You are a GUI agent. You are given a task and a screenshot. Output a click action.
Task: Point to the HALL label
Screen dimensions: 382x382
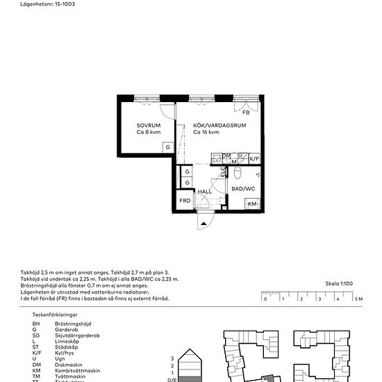click(205, 191)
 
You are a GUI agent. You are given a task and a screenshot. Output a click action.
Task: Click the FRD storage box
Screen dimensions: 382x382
click(185, 201)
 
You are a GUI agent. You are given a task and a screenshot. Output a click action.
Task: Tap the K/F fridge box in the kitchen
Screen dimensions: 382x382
click(254, 159)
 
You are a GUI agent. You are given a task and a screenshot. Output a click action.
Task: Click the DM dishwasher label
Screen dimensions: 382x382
click(227, 156)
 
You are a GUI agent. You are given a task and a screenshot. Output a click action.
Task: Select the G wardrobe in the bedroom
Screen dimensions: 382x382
click(168, 147)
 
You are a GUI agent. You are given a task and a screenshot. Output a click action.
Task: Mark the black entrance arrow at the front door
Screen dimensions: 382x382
click(203, 224)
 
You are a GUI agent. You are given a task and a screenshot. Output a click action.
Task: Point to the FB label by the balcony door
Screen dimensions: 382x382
click(246, 113)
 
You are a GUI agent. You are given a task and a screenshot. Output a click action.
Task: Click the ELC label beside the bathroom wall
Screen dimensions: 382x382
click(223, 171)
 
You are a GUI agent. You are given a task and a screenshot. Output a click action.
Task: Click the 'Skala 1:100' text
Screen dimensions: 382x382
click(338, 284)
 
